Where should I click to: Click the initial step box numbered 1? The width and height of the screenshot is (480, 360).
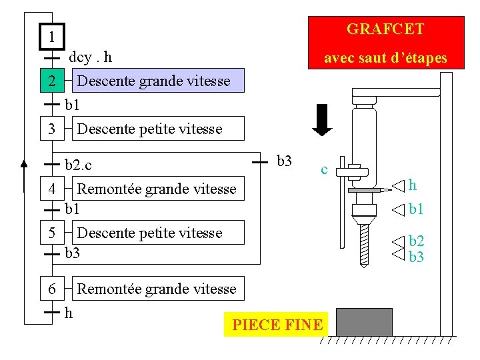(x=51, y=37)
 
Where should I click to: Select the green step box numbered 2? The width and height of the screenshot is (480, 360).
(x=51, y=81)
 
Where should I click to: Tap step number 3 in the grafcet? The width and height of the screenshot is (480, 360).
(x=51, y=128)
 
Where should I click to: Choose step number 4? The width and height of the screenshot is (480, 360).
(x=51, y=189)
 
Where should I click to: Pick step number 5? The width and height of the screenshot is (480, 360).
(x=51, y=233)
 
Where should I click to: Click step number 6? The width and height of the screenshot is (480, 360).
(x=51, y=289)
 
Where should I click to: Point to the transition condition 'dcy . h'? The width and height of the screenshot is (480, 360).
(x=90, y=58)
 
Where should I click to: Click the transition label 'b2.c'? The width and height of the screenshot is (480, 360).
(x=79, y=164)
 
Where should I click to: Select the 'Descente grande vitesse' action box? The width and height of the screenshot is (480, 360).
(x=154, y=81)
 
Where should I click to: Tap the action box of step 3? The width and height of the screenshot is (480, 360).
(x=150, y=129)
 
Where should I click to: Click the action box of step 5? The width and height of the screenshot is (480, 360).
(x=150, y=233)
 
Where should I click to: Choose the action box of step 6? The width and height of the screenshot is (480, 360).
(x=157, y=289)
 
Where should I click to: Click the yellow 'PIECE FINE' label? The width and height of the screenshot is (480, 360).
(x=277, y=325)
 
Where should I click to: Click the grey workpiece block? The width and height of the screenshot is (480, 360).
(x=364, y=322)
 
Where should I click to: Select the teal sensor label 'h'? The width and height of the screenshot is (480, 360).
(x=413, y=185)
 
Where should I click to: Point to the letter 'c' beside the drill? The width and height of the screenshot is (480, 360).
(x=324, y=169)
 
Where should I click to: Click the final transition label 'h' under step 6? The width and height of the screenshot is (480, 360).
(x=68, y=312)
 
